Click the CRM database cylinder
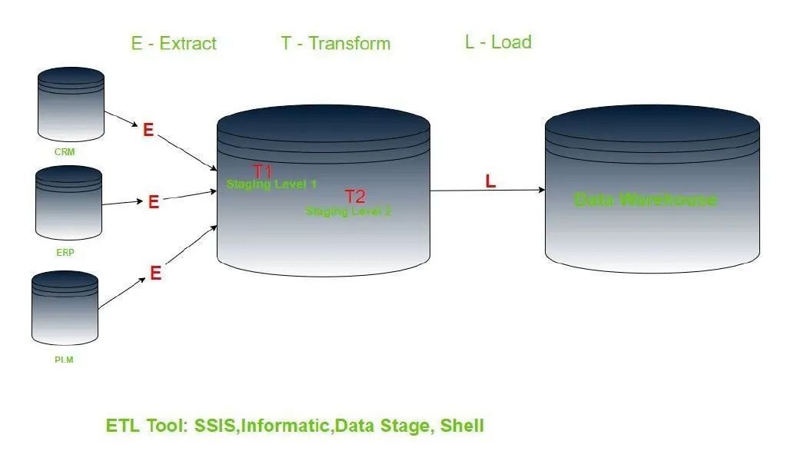click(71, 104)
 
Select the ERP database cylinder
click(68, 203)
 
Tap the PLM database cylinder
click(65, 308)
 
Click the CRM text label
click(65, 152)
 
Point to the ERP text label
click(65, 252)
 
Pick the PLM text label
click(64, 360)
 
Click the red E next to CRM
click(148, 130)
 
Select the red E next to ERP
click(154, 202)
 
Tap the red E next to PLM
click(155, 274)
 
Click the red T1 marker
click(263, 171)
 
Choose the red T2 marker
click(355, 196)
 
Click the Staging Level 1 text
click(271, 184)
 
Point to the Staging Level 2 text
click(348, 211)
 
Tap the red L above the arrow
click(490, 181)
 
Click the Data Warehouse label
click(646, 200)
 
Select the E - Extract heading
click(174, 44)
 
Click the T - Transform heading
click(336, 44)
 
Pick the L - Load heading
click(498, 42)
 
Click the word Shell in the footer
click(462, 426)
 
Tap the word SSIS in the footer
click(215, 426)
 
